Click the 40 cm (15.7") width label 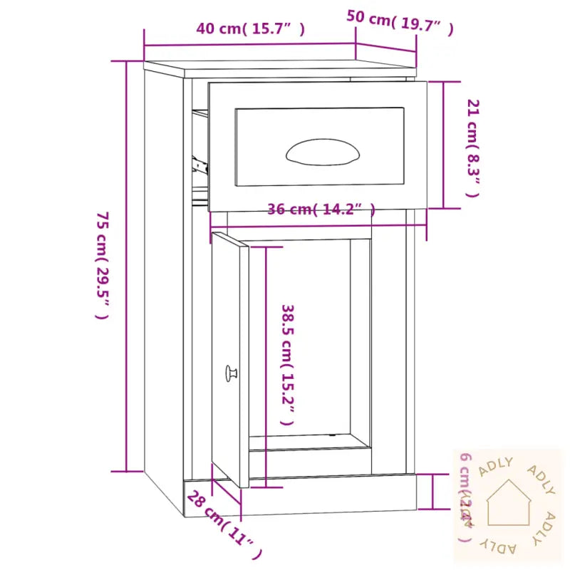click(251, 29)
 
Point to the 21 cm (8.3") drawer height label click(472, 147)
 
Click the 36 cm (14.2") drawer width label click(321, 209)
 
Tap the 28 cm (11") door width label click(223, 524)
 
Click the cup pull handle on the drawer click(323, 151)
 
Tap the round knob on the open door click(232, 373)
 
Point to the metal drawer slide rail click(199, 165)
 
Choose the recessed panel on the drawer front click(319, 146)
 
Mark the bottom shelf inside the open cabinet click(309, 442)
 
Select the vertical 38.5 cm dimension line click(266, 366)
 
